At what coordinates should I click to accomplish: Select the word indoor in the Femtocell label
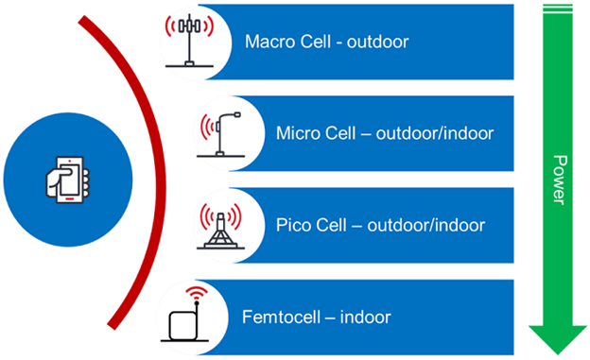coord(368,317)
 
